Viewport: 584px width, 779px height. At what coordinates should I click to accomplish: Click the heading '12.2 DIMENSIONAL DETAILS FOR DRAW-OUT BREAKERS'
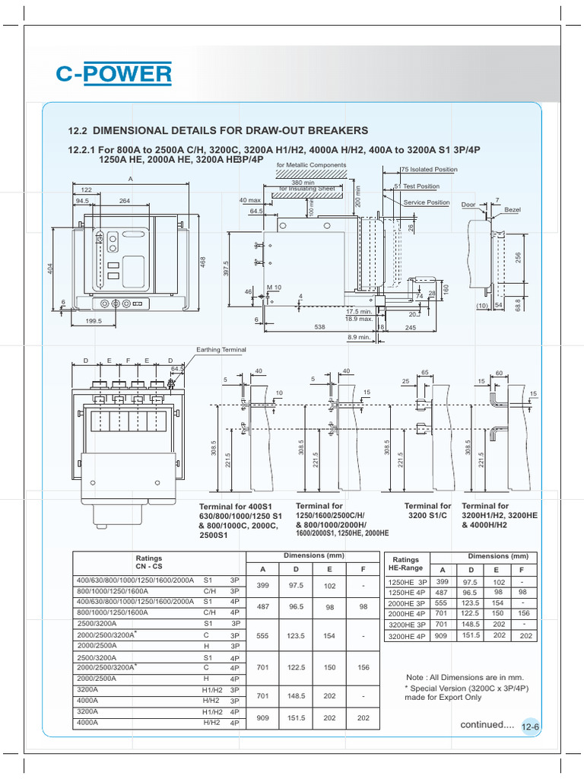(218, 131)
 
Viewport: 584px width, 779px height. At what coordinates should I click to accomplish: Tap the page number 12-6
(531, 728)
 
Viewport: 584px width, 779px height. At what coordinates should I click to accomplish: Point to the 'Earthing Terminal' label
(221, 349)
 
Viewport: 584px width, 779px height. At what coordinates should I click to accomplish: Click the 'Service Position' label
(426, 202)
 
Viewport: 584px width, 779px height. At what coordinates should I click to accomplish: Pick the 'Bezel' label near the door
(513, 208)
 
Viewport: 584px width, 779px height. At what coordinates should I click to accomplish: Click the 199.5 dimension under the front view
(94, 322)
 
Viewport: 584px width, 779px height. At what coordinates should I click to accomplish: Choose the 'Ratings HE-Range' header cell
(405, 564)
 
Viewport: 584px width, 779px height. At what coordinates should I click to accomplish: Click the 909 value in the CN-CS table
(264, 717)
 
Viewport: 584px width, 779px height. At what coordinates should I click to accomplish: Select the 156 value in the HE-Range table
(523, 613)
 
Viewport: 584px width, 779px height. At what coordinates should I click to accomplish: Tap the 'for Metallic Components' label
(311, 165)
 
